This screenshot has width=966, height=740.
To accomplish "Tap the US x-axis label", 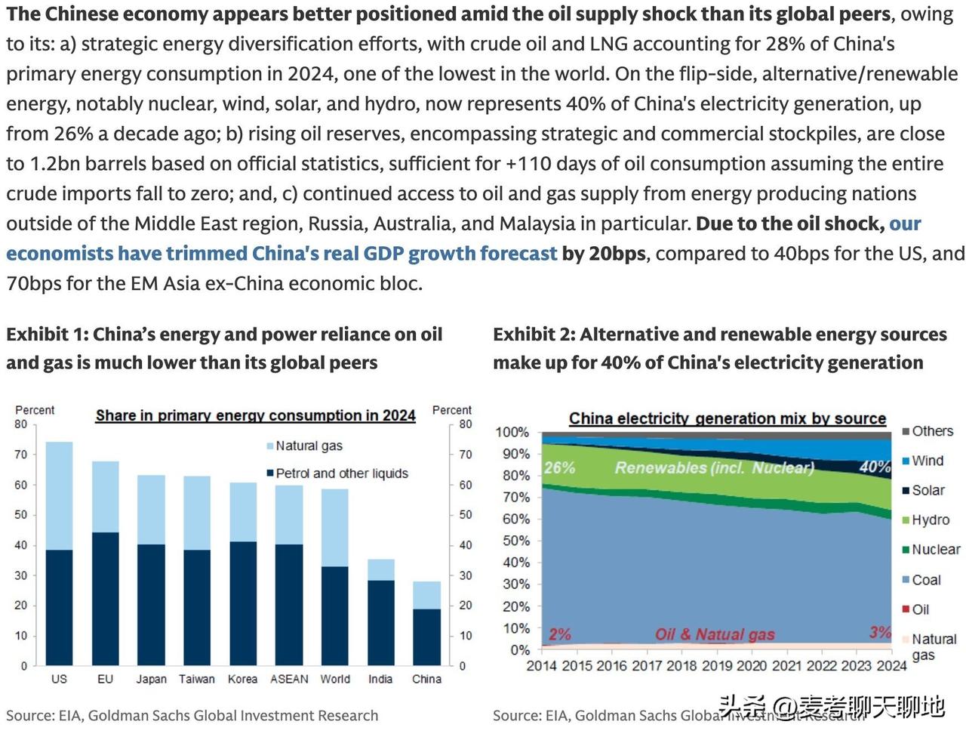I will (59, 679).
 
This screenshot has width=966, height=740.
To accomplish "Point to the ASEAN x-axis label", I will (289, 679).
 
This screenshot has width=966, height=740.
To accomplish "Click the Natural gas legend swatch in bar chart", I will (269, 446).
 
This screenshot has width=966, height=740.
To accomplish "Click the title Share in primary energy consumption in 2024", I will (255, 415).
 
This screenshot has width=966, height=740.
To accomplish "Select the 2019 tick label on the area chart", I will (716, 666).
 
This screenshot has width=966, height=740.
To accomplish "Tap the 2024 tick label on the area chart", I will (891, 666).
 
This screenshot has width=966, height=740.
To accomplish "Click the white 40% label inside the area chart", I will (875, 467).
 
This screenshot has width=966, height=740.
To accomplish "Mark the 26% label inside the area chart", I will (559, 468).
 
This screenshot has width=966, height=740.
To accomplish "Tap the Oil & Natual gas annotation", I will (715, 634).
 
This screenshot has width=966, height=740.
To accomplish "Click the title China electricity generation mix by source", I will (727, 418).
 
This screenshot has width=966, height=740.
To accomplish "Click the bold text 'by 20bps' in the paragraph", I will (604, 254).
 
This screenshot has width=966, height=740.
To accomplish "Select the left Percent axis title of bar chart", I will (35, 410).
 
